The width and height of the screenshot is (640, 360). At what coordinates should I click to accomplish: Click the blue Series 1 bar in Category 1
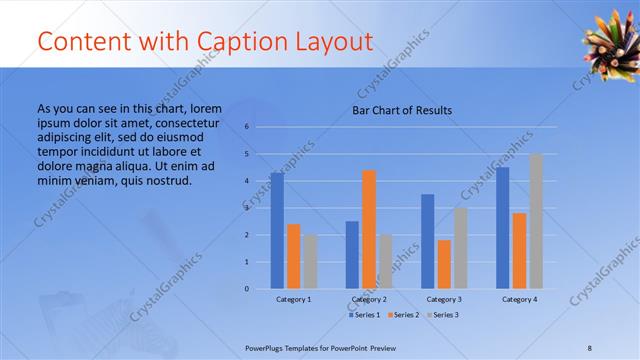tap(277, 231)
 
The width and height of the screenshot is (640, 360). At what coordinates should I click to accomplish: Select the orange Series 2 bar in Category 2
tap(369, 229)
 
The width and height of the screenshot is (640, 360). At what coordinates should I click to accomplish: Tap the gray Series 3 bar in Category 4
tap(536, 221)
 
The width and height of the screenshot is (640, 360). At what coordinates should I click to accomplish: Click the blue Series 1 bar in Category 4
tap(503, 228)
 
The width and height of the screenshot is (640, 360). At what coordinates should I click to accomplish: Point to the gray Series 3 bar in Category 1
tap(310, 262)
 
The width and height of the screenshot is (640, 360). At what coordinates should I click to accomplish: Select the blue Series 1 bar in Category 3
tap(428, 241)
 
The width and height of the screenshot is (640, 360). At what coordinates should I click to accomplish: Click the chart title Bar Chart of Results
tap(401, 110)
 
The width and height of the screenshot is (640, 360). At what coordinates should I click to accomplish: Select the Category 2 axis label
tap(369, 299)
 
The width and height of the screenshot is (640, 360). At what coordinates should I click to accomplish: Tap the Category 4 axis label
tap(519, 299)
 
